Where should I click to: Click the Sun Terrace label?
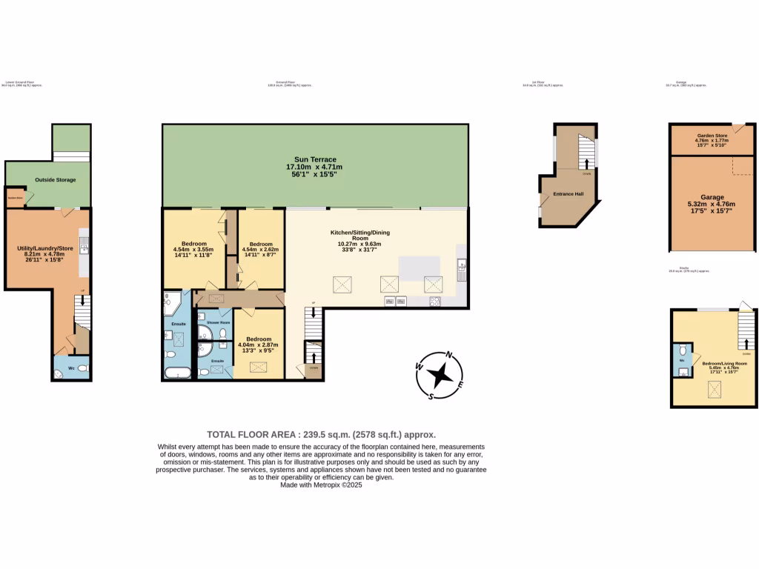pos(315,159)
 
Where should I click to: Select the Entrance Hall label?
pos(569,194)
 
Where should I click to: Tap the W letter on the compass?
pos(419,366)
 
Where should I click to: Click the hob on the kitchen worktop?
pos(435,301)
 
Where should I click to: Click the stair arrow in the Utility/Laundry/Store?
pos(82,301)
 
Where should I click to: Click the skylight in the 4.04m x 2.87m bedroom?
pos(259,366)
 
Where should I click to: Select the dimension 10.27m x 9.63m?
pos(359,244)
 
